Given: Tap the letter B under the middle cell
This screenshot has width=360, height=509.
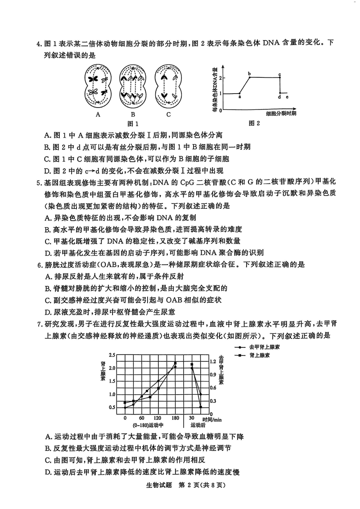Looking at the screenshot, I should pyautogui.click(x=133, y=114).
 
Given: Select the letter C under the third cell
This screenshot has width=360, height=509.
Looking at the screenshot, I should pyautogui.click(x=169, y=114).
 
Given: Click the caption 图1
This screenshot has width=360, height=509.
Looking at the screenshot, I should pyautogui.click(x=133, y=124).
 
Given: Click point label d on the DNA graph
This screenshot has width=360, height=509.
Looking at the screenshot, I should pyautogui.click(x=279, y=97).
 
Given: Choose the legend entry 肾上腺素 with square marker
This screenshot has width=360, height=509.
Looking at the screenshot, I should pyautogui.click(x=259, y=356).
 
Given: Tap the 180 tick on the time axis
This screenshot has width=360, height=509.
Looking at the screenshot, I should pyautogui.click(x=175, y=418).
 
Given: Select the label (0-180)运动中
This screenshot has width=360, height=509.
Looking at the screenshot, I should pyautogui.click(x=148, y=425).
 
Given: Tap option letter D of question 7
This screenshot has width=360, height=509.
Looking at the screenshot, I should pyautogui.click(x=48, y=472).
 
